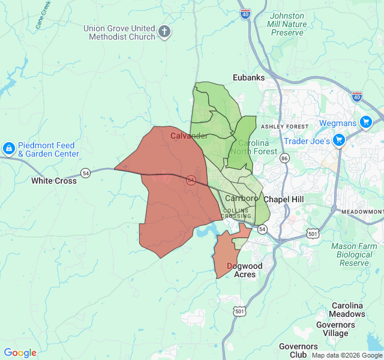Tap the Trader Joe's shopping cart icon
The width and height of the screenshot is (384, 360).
[x=339, y=140]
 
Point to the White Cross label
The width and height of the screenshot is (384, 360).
[x=54, y=181]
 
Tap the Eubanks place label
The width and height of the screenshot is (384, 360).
[x=249, y=77]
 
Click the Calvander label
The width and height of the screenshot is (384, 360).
[x=189, y=136]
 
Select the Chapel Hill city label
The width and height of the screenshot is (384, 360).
[x=285, y=199]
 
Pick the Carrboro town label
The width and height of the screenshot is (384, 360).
[x=241, y=198]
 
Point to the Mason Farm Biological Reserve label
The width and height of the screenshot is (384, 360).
[x=354, y=254]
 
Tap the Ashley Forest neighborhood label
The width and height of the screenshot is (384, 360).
[x=284, y=127]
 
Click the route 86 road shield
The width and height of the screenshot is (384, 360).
[x=284, y=158]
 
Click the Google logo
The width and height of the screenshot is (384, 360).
[x=20, y=353]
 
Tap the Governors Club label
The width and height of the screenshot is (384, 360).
[x=298, y=350]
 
